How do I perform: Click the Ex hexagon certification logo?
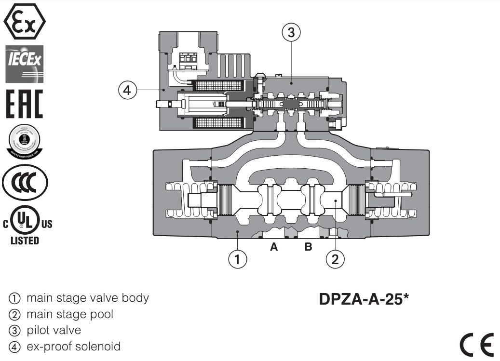[x=24, y=21]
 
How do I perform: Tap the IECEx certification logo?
[x=24, y=64]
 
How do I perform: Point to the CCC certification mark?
[x=25, y=184]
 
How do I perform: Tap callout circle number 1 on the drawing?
[x=237, y=259]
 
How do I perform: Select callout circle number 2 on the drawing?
[x=335, y=259]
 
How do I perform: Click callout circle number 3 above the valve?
[x=291, y=33]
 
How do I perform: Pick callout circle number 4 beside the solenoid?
[x=128, y=90]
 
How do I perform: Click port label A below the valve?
[x=274, y=247]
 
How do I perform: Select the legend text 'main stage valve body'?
[x=87, y=298]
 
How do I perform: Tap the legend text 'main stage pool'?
[x=70, y=314]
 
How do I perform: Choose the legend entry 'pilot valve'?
[x=54, y=330]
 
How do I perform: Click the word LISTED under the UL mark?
[x=25, y=241]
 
